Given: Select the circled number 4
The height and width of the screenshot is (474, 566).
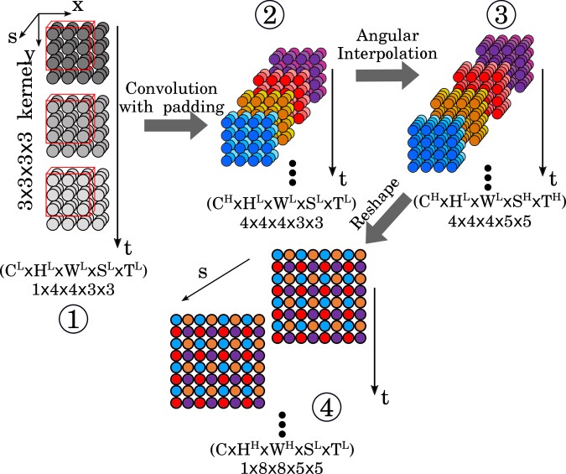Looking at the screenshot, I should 328,408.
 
